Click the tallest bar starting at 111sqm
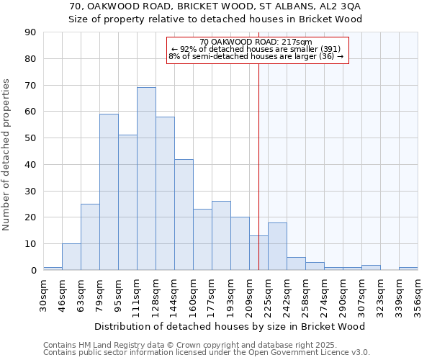pyautogui.click(x=146, y=179)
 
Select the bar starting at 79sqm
pyautogui.click(x=109, y=192)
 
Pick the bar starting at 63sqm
pyautogui.click(x=90, y=237)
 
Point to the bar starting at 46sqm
pyautogui.click(x=71, y=256)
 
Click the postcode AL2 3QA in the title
pyautogui.click(x=336, y=6)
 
